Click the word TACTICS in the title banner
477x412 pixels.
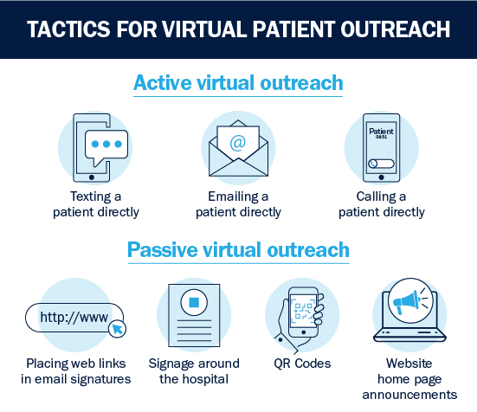coord(68,29)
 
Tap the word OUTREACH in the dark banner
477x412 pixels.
coord(395,29)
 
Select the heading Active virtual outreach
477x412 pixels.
coord(238,83)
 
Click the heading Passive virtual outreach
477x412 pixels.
coord(238,250)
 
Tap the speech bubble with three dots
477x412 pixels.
coord(106,147)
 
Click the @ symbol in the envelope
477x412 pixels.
coord(238,143)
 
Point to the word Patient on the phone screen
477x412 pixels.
coord(381,132)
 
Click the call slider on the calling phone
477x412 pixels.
coord(381,164)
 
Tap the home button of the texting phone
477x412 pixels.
coord(92,177)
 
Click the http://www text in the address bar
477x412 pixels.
coord(74,317)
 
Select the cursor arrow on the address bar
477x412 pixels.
coord(118,329)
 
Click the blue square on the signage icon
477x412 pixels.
coord(194,303)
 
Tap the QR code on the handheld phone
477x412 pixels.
coord(303,311)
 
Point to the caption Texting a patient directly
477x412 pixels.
coord(96,204)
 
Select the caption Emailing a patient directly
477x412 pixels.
coord(238,204)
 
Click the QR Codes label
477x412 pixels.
coord(302,364)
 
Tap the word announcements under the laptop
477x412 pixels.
coord(409,395)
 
